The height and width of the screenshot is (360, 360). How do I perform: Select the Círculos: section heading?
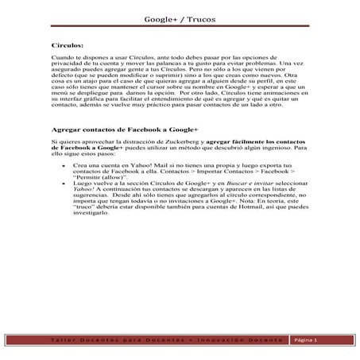(x=68, y=47)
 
